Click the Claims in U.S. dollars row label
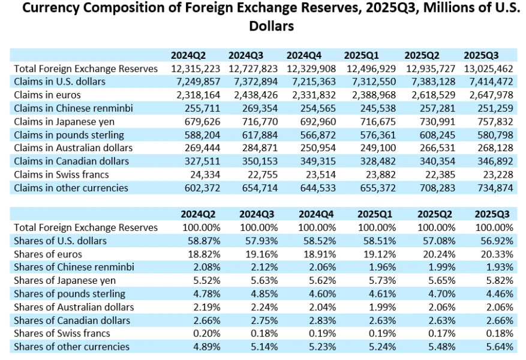tap(60, 81)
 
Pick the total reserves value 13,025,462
tap(488, 68)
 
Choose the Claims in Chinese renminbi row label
tap(73, 108)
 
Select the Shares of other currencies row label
tap(71, 347)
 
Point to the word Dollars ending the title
tap(270, 27)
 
